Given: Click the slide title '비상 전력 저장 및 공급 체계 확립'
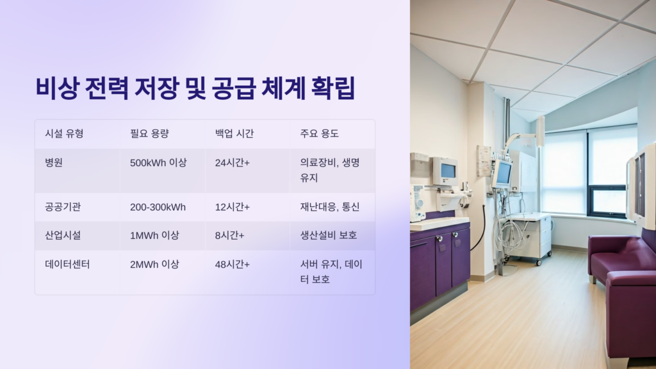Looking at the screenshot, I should click(x=195, y=88).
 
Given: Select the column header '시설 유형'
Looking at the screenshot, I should click(x=64, y=134).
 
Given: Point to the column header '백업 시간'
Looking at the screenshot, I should click(x=234, y=134).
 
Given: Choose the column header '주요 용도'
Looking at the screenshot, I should click(x=319, y=134).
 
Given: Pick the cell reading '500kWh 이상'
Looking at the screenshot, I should click(x=158, y=163).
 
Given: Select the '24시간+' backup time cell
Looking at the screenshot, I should click(x=233, y=163).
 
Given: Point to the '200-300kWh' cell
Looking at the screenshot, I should click(x=158, y=207).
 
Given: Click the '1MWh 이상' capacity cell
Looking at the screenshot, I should click(x=155, y=235).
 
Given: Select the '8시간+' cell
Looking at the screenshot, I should click(x=230, y=235).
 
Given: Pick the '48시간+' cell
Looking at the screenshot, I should click(x=233, y=264).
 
